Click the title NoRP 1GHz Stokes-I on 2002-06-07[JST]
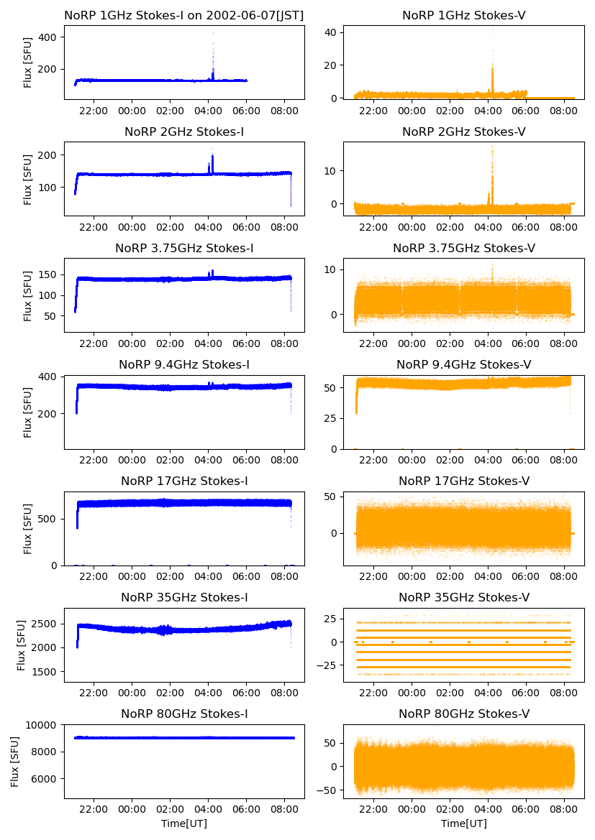183,15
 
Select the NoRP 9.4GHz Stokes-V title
464,364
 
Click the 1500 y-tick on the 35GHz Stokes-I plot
45,672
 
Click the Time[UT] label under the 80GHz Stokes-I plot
183,823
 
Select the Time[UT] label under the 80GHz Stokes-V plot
464,823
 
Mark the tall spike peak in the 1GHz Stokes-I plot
213,32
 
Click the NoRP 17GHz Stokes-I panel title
183,481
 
